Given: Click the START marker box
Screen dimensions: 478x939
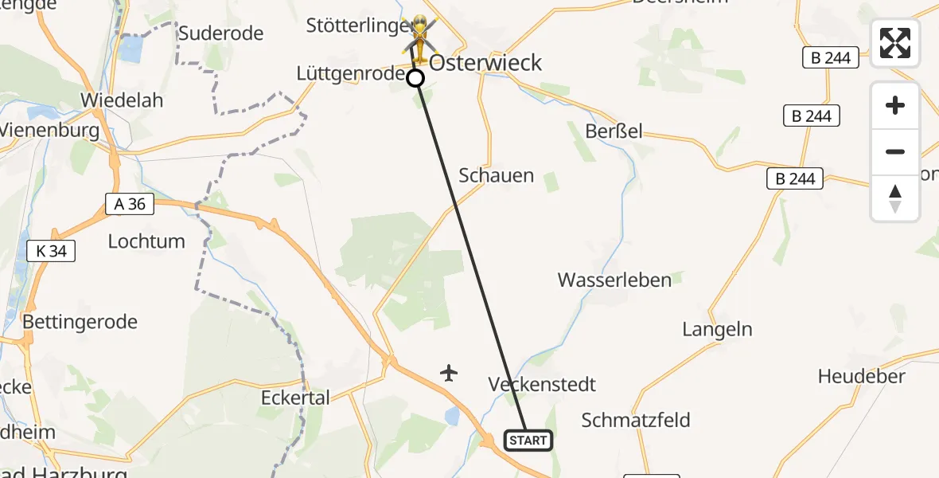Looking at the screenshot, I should pyautogui.click(x=528, y=441).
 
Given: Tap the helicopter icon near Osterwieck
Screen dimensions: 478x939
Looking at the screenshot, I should pyautogui.click(x=419, y=37).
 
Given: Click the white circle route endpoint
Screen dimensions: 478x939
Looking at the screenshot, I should pyautogui.click(x=415, y=78).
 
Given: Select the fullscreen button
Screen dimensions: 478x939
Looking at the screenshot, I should pyautogui.click(x=895, y=43).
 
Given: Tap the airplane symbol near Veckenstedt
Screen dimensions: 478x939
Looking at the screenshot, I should pyautogui.click(x=449, y=372).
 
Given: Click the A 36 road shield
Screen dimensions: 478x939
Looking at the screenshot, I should pyautogui.click(x=130, y=204).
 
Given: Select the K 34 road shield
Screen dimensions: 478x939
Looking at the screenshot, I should pyautogui.click(x=51, y=252).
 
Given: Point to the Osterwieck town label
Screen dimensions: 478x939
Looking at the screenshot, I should pyautogui.click(x=485, y=63).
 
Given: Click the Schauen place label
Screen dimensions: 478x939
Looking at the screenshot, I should pyautogui.click(x=497, y=176).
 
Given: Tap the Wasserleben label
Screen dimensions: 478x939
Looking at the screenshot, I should pyautogui.click(x=614, y=280).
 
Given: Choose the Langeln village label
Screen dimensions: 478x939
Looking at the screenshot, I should pyautogui.click(x=717, y=329).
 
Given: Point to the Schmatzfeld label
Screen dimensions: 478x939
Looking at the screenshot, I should pyautogui.click(x=636, y=420).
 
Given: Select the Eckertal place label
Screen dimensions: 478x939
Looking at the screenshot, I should pyautogui.click(x=295, y=397).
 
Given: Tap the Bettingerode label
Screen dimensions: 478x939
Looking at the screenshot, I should pyautogui.click(x=80, y=322).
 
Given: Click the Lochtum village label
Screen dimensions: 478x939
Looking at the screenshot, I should pyautogui.click(x=146, y=241).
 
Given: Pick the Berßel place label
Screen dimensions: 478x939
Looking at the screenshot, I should pyautogui.click(x=614, y=131).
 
